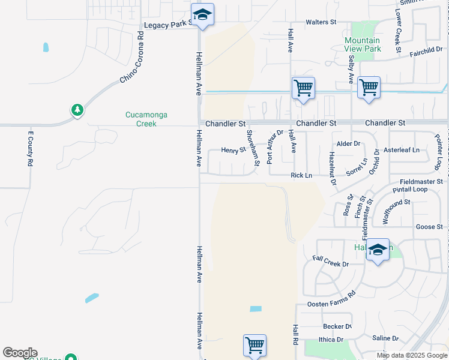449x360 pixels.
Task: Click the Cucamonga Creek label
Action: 141,119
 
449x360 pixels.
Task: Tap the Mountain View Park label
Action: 363,44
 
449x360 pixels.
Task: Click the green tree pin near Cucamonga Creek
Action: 77,110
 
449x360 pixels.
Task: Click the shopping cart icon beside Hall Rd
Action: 255,346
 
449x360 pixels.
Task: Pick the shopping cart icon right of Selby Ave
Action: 369,88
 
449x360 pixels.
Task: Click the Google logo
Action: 20,353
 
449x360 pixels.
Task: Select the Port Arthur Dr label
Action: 275,147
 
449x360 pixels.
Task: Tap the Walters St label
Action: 321,22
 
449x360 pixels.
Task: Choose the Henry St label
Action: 234,150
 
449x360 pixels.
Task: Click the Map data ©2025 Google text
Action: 412,355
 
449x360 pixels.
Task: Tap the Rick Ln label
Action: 301,175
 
